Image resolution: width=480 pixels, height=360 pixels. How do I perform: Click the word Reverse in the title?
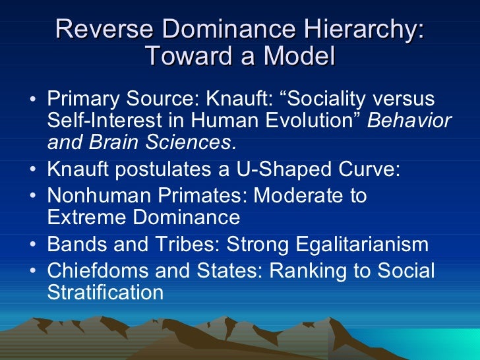click(x=98, y=31)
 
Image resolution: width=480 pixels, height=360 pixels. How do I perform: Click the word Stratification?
click(x=105, y=293)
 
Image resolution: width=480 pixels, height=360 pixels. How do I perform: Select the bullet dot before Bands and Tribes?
click(x=34, y=245)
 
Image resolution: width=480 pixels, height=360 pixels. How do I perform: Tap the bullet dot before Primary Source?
click(x=34, y=100)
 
